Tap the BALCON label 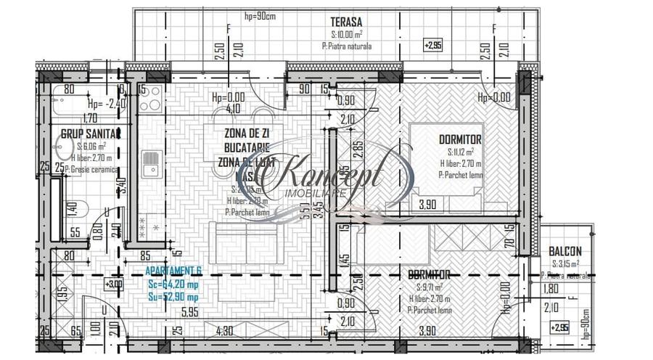[x=565, y=251]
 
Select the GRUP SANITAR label [x=89, y=134]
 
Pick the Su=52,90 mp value [x=173, y=297]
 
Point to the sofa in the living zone [x=244, y=242]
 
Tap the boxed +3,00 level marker [x=114, y=284]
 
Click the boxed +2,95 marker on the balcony [x=559, y=328]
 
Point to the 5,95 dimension [x=190, y=314]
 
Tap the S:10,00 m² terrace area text [x=347, y=34]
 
